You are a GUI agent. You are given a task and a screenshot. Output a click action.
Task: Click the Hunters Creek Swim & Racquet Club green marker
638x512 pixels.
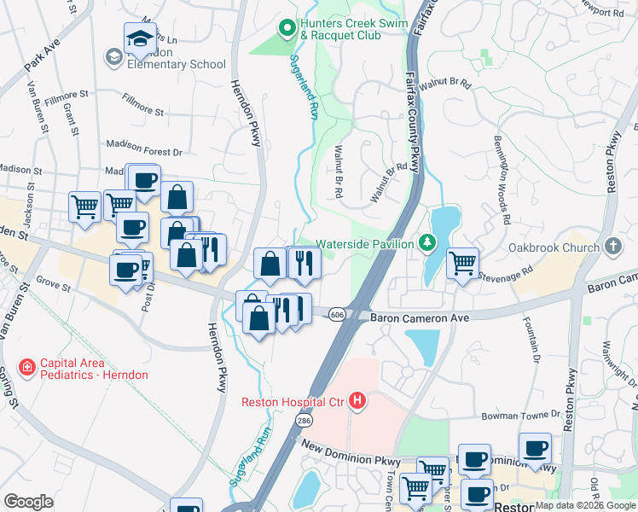pyautogui.click(x=287, y=28)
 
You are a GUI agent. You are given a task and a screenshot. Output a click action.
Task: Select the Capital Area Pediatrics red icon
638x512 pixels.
pyautogui.click(x=28, y=367)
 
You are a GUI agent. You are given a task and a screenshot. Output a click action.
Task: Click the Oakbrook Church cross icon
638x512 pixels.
pyautogui.click(x=612, y=246)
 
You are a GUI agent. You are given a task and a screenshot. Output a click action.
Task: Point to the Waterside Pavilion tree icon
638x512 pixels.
pyautogui.click(x=427, y=244)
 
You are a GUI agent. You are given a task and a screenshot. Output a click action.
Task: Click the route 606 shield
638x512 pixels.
pyautogui.click(x=338, y=315)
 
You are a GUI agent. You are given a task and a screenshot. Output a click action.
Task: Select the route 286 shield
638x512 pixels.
pyautogui.click(x=303, y=421)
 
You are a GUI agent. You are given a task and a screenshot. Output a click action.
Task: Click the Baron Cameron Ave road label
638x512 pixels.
pyautogui.click(x=420, y=317)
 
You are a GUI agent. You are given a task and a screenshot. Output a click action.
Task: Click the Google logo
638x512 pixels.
pyautogui.click(x=29, y=501)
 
